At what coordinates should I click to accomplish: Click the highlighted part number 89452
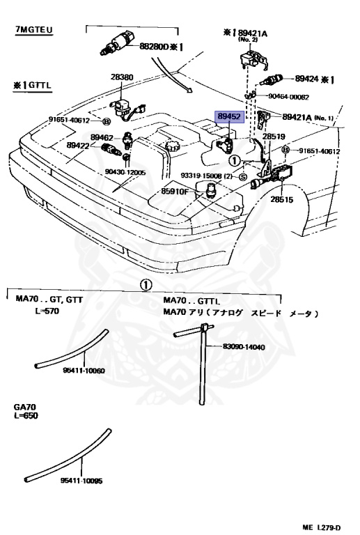[x=229, y=117]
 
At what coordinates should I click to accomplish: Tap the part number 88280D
[x=154, y=46]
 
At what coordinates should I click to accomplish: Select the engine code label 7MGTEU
[x=34, y=30]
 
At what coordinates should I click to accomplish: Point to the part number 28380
[x=122, y=77]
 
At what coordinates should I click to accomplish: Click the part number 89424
[x=306, y=79]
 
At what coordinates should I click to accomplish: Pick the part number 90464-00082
[x=288, y=97]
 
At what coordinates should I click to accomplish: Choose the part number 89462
[x=102, y=137]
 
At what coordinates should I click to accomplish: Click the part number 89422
[x=78, y=146]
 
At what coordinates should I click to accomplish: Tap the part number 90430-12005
[x=125, y=173]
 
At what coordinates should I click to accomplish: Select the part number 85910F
[x=175, y=192]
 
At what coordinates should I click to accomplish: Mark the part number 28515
[x=281, y=199]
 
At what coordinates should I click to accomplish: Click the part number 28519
[x=274, y=137]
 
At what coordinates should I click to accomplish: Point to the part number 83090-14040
[x=244, y=347]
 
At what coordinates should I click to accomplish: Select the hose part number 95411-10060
[x=84, y=371]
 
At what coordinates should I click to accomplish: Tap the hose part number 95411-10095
[x=81, y=481]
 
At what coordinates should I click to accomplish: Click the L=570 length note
[x=47, y=311]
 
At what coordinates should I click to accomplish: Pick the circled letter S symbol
[x=243, y=177]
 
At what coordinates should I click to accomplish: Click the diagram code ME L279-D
[x=322, y=527]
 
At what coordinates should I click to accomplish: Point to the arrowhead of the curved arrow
[x=189, y=90]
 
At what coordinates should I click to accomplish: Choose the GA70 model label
[x=24, y=407]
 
